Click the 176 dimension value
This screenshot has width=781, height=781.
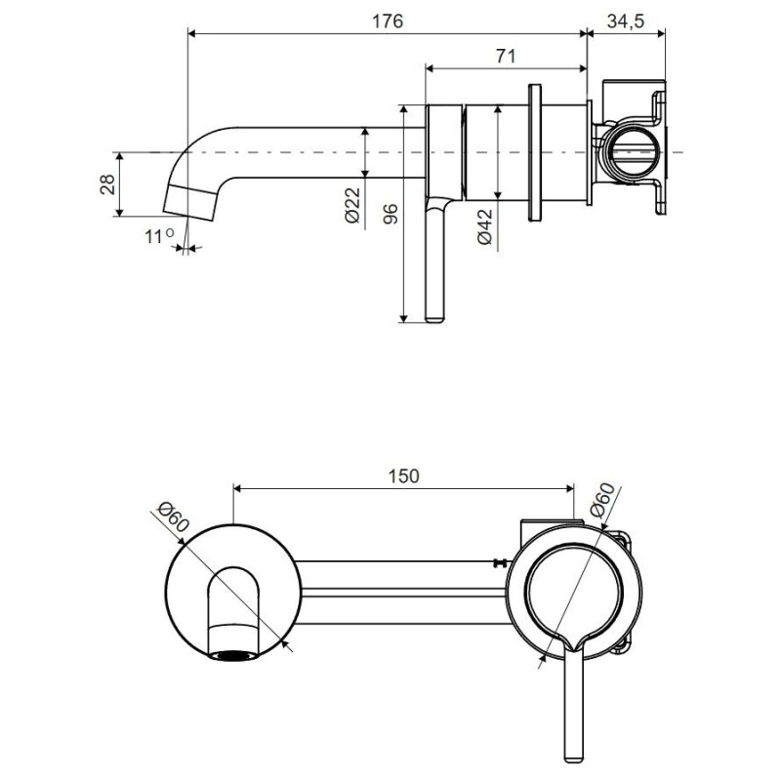388,21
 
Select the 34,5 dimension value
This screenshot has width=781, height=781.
626,21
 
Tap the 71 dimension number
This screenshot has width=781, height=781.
505,56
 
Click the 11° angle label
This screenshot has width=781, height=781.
159,236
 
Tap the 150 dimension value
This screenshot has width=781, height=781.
402,475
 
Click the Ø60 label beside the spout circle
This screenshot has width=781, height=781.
172,517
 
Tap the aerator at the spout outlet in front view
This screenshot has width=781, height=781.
235,657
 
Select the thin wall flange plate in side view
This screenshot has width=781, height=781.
534,151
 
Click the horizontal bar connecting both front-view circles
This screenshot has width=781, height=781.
400,576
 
